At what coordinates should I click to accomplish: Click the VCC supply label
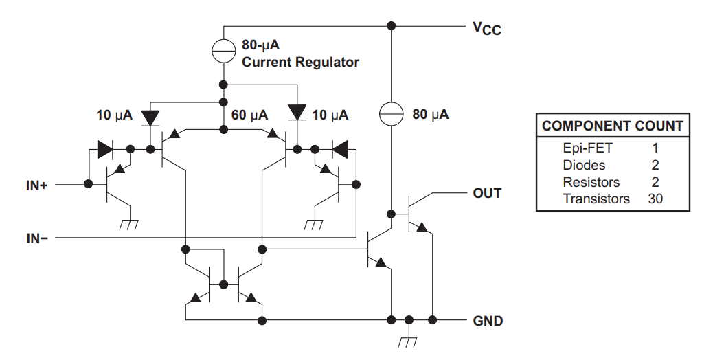[486, 29]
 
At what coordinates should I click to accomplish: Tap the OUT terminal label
[487, 193]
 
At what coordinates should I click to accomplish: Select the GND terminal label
[488, 321]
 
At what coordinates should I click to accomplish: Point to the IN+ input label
[36, 185]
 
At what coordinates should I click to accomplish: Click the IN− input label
[36, 238]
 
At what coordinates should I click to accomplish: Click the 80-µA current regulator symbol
[223, 49]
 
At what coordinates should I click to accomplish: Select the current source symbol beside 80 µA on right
[390, 114]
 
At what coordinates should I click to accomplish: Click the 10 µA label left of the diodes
[113, 115]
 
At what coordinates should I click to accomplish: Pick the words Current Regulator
[300, 63]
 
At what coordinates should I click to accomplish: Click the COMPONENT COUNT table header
[612, 126]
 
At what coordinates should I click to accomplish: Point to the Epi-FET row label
[587, 147]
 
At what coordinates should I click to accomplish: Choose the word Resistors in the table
[591, 182]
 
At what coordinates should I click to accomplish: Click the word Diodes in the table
[584, 165]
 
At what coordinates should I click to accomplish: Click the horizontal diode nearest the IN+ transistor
[105, 148]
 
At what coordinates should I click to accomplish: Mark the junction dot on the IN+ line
[88, 184]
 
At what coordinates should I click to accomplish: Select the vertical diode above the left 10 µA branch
[150, 117]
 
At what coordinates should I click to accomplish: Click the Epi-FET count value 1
[655, 147]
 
